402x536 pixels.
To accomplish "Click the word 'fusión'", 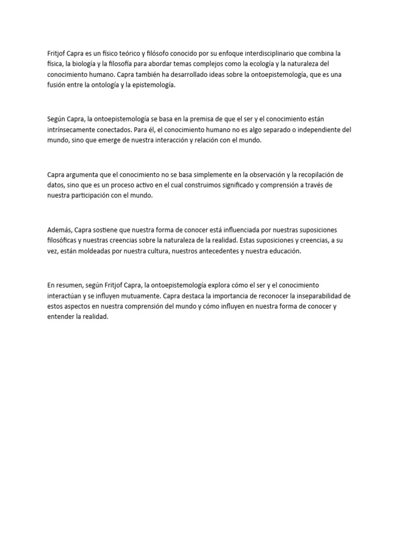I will (56, 86).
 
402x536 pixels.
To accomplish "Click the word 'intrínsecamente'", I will (72, 130).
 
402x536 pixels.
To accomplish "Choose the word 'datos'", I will (55, 185).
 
